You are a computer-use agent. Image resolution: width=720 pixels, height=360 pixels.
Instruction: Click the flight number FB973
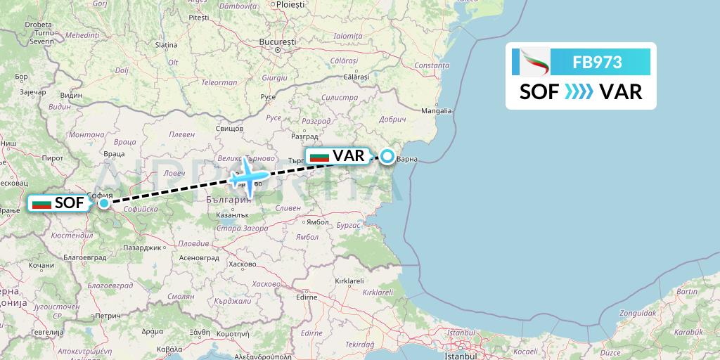[597, 62]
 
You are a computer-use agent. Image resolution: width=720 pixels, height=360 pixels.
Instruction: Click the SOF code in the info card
[539, 92]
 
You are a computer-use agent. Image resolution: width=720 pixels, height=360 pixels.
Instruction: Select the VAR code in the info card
[622, 92]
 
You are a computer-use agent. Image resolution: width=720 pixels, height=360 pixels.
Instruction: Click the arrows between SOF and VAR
[579, 92]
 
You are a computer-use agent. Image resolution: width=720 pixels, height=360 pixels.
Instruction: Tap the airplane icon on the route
[248, 176]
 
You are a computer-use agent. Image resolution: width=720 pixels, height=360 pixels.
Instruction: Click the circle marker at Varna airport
[387, 156]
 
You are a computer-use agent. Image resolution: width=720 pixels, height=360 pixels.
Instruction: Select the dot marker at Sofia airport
[104, 203]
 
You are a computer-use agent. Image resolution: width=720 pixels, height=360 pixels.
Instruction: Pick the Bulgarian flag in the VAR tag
[319, 156]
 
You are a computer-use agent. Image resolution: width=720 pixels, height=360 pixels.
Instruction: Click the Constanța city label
[432, 65]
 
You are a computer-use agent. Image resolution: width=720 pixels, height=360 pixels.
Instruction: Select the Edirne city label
[307, 297]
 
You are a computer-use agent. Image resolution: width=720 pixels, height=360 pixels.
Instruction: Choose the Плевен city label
[182, 134]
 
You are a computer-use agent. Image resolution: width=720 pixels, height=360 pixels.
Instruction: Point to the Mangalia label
[436, 110]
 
